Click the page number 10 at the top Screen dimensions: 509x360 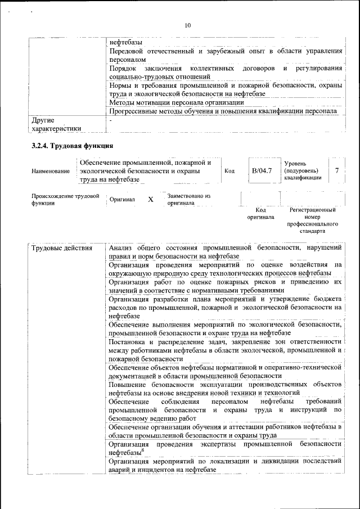[187, 25]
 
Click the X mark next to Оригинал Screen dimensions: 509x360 [150, 200]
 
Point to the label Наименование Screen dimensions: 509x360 [51, 171]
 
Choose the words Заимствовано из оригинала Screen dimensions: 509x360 [188, 199]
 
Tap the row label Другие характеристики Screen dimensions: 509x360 [56, 124]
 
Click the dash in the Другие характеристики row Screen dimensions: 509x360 [111, 120]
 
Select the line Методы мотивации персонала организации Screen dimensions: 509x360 [177, 102]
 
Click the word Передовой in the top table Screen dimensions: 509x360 [126, 51]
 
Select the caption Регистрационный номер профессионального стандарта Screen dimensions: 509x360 [312, 220]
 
